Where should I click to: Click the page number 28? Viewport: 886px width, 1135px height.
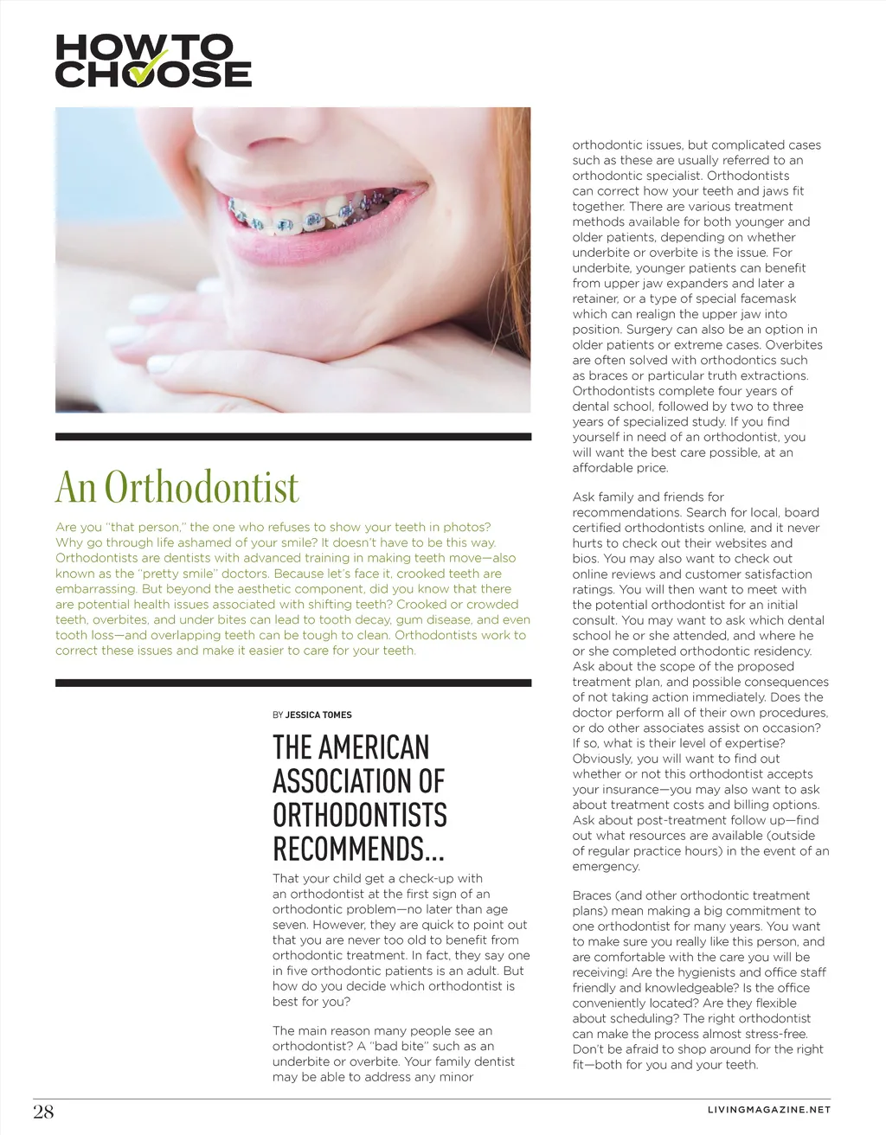pos(43,1112)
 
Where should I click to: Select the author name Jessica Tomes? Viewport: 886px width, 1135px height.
pos(318,715)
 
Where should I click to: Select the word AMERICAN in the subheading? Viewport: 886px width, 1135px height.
pos(375,747)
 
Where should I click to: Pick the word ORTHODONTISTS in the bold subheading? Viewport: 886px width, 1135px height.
pos(359,815)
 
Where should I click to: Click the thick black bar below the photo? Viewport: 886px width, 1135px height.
pos(292,437)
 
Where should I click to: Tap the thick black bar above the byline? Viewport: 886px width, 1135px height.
pos(292,683)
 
